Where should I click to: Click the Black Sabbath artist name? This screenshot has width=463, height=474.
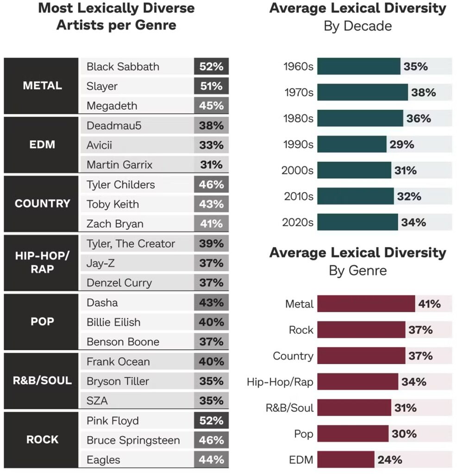[x=123, y=67]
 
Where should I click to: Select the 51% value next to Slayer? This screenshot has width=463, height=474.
[x=211, y=86]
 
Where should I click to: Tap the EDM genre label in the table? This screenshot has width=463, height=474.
[x=42, y=145]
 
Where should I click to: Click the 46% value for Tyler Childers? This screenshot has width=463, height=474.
[x=211, y=185]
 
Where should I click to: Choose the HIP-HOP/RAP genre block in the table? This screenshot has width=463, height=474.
[x=42, y=263]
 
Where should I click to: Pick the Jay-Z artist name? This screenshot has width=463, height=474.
[x=100, y=263]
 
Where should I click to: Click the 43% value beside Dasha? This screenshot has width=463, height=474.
[x=211, y=303]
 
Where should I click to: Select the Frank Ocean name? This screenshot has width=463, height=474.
[x=118, y=362]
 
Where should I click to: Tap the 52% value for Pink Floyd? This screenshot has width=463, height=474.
[x=211, y=421]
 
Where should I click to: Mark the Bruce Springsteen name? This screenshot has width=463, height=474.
[x=133, y=440]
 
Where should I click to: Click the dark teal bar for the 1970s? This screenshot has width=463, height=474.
[x=363, y=93]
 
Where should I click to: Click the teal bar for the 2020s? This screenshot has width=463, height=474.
[x=357, y=222]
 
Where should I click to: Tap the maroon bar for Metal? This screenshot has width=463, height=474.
[x=366, y=304]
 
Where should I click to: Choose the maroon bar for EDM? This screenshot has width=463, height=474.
[x=345, y=460]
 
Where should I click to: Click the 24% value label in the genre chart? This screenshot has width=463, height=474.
[x=390, y=460]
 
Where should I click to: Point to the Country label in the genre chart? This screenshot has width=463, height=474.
[x=293, y=356]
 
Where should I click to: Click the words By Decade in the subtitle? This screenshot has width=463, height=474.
[x=357, y=26]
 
